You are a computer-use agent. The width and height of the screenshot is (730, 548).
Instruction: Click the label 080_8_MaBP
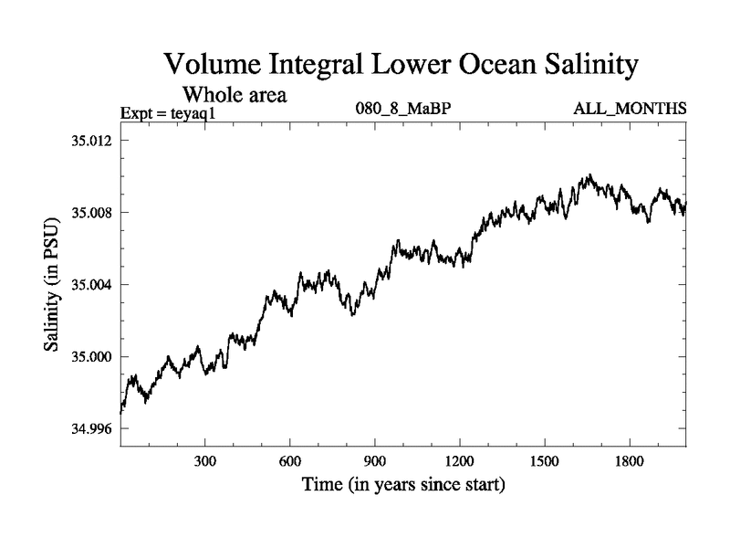pos(403,110)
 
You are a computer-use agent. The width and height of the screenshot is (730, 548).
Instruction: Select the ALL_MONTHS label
pos(630,110)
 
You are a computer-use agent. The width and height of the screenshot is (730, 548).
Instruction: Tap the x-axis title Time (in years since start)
pos(403,485)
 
